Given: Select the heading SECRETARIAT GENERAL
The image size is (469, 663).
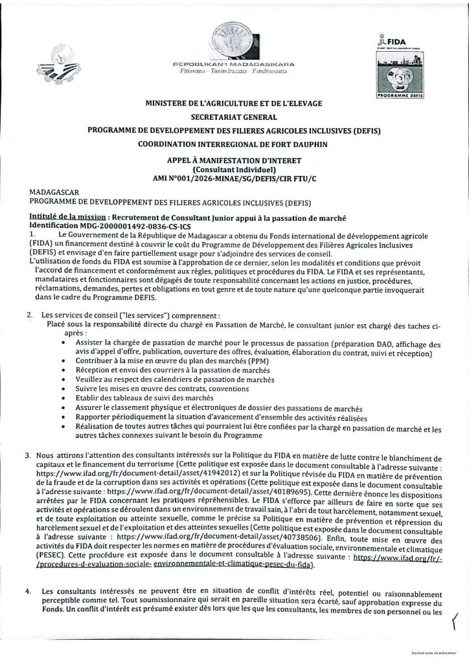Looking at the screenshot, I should click(234, 117).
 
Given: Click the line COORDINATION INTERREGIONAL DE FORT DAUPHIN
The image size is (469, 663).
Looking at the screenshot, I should click(234, 143).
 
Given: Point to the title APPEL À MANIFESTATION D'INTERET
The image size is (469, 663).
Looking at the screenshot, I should click(234, 160).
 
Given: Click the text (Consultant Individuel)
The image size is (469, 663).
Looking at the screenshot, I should click(234, 169).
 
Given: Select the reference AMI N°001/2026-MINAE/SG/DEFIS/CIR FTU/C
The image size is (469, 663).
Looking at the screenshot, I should click(234, 178).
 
